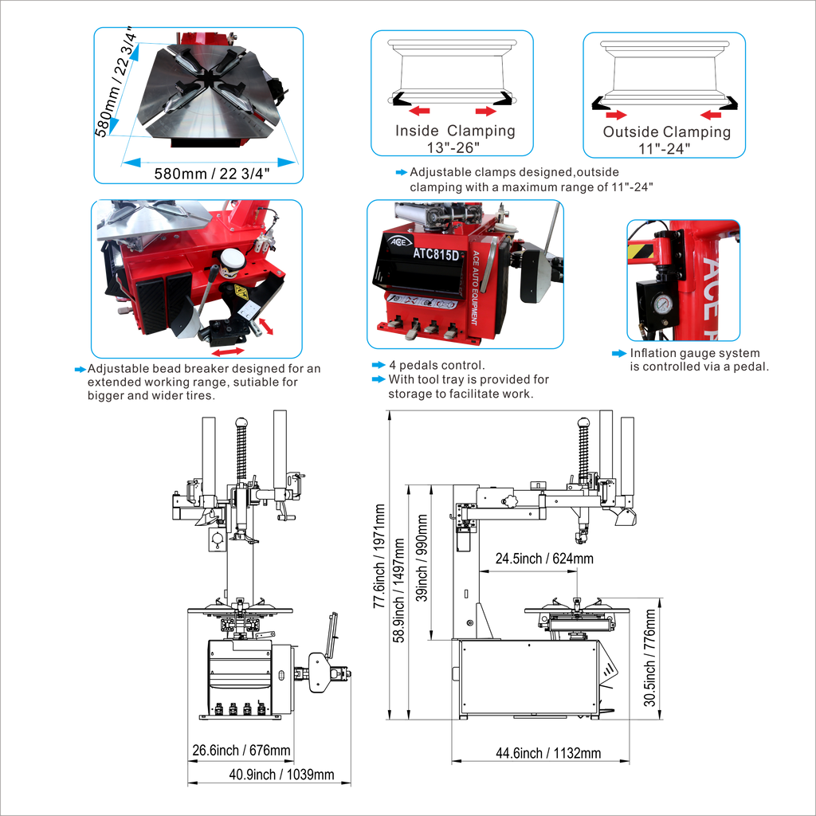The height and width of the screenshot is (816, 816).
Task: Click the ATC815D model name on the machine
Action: pos(436,254)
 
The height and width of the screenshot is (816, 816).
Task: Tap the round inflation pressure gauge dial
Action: pos(662,304)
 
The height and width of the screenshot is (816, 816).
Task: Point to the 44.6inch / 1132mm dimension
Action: pos(548,753)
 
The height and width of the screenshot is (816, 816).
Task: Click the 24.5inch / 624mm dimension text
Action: pos(544,559)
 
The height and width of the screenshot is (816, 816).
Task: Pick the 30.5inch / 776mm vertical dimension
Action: pos(649,657)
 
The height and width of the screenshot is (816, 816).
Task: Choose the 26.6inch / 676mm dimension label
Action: pos(241,751)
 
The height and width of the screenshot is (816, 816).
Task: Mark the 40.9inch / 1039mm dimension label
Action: pos(281,775)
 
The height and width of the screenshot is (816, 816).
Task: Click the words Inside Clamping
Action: pos(455,131)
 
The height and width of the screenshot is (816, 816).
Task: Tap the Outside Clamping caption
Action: pos(667,131)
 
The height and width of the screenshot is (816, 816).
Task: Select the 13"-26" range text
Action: pos(453,147)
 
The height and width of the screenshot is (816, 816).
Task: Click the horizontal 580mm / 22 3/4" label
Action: pos(212,173)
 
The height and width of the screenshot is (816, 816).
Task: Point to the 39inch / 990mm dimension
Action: pos(422,558)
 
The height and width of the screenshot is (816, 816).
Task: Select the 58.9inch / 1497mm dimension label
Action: pos(398,590)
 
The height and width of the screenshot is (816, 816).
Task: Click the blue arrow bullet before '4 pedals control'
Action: pos(379,365)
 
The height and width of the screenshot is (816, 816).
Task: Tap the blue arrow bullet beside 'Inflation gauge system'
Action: pos(619,353)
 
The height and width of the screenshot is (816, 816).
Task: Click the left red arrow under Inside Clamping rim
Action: pos(419,110)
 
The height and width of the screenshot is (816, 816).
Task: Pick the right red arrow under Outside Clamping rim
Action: pos(711,115)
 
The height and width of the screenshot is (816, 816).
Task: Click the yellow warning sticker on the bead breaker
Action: pos(241,292)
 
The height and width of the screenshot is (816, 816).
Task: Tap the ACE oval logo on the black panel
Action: pos(400,241)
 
